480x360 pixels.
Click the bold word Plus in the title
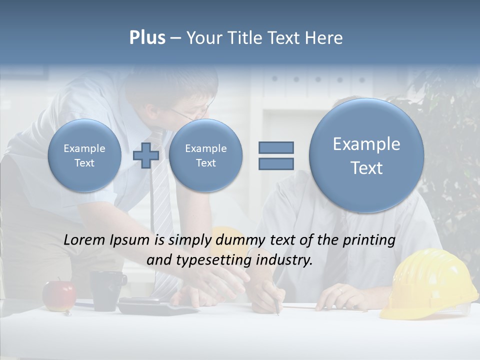pyautogui.click(x=147, y=38)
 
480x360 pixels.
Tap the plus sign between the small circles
pyautogui.click(x=146, y=155)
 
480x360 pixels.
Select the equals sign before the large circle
pyautogui.click(x=276, y=155)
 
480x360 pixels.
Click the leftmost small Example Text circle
pyautogui.click(x=84, y=155)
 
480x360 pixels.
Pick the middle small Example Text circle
pyautogui.click(x=205, y=155)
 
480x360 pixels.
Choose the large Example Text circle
pyautogui.click(x=366, y=155)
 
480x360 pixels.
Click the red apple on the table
pyautogui.click(x=59, y=295)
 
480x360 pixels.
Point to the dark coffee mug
pyautogui.click(x=106, y=290)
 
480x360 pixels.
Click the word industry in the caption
pyautogui.click(x=284, y=260)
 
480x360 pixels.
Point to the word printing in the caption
pyautogui.click(x=369, y=240)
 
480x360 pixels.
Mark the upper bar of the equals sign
pyautogui.click(x=276, y=147)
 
